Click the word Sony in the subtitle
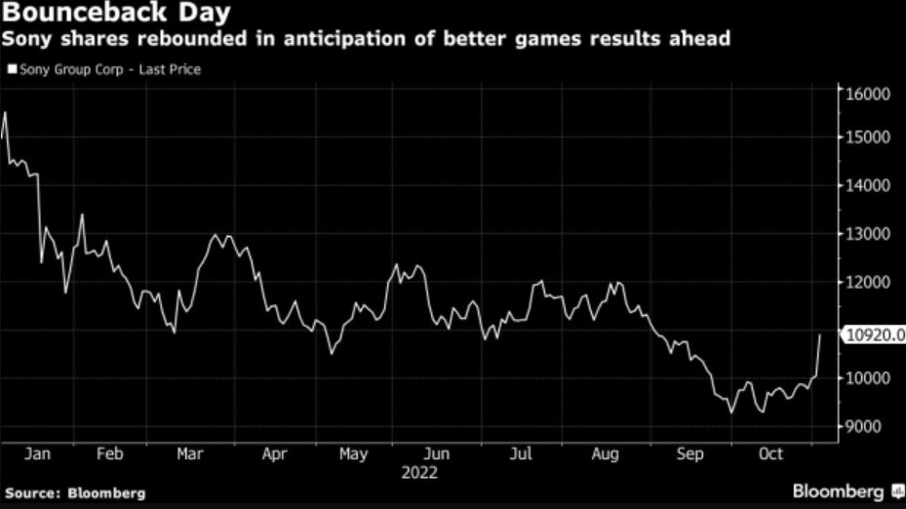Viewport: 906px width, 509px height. pos(29,41)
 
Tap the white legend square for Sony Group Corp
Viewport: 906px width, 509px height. pos(12,70)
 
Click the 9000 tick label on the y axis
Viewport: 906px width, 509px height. pos(864,427)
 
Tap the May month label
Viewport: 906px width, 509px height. pos(354,454)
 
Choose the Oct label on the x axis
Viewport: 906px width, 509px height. pos(770,454)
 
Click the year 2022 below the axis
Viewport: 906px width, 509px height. pos(420,473)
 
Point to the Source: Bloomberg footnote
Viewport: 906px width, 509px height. pos(74,493)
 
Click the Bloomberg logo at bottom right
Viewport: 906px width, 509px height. pos(845,491)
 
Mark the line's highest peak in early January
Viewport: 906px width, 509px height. pos(5,113)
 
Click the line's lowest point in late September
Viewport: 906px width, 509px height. pos(731,412)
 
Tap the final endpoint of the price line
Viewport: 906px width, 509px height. pos(820,334)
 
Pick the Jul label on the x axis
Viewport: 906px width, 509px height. pos(523,454)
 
